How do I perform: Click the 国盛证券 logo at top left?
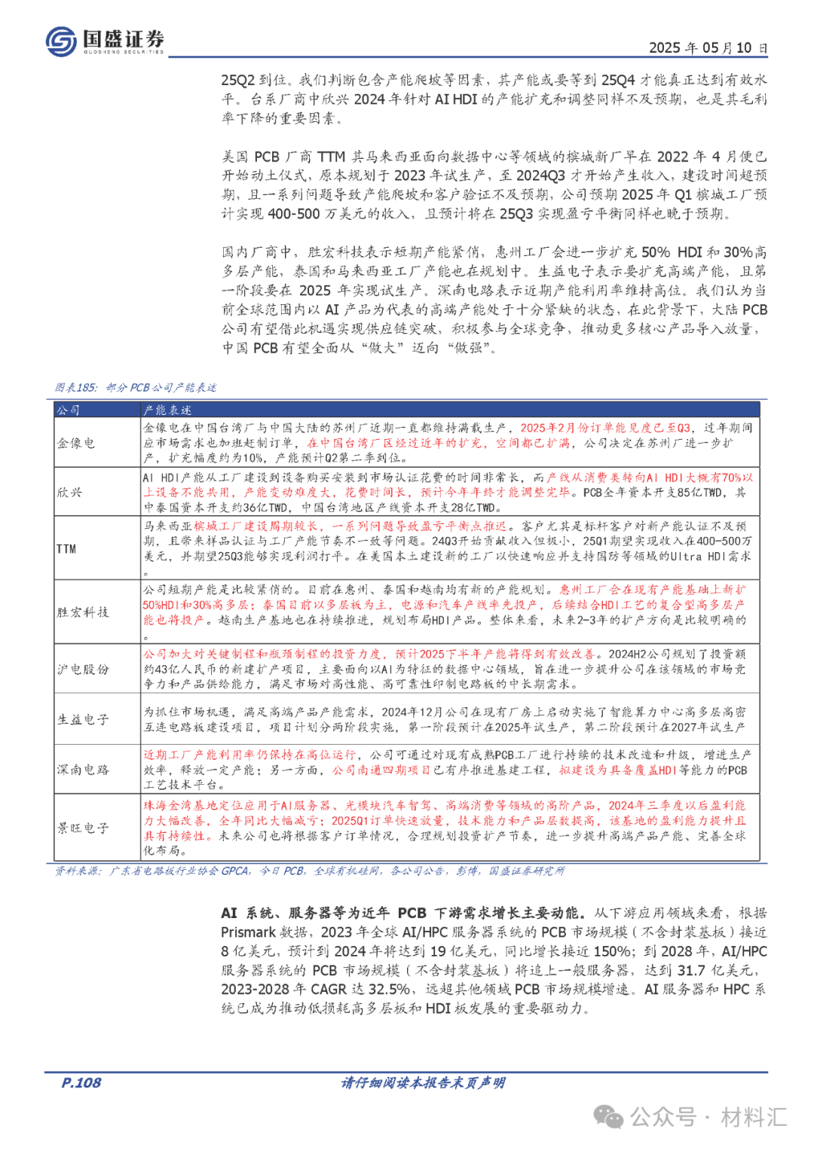[104, 41]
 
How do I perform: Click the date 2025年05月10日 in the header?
[708, 48]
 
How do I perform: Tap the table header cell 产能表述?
[167, 410]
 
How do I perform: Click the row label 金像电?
[76, 443]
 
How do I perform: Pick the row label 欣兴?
[70, 492]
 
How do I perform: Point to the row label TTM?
[66, 549]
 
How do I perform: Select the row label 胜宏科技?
[83, 612]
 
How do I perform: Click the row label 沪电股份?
[83, 669]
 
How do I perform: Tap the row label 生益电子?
[83, 719]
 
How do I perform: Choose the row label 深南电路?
[83, 769]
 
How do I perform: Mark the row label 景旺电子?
[83, 828]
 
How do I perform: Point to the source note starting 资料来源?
[309, 871]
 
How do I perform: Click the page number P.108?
[81, 1083]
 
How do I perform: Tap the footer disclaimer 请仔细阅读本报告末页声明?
[423, 1083]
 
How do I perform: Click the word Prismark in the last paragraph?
[248, 932]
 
